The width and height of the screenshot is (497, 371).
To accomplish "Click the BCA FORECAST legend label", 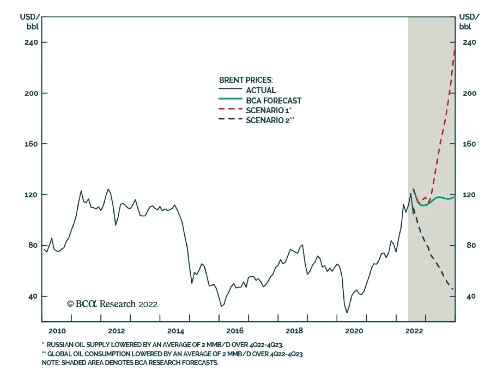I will click(x=273, y=101).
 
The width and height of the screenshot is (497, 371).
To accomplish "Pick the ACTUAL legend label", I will click(x=261, y=90).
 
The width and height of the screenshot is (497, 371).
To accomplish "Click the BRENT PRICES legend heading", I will click(x=246, y=80).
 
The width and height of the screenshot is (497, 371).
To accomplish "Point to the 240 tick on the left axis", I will click(x=31, y=42).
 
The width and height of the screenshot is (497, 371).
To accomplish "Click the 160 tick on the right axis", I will click(x=469, y=144).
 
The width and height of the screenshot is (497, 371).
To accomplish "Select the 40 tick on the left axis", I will click(x=33, y=296).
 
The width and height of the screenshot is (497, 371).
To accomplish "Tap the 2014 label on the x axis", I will click(x=176, y=331).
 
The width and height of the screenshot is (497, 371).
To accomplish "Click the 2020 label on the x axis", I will click(x=354, y=331).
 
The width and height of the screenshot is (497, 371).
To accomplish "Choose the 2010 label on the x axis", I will click(x=57, y=331).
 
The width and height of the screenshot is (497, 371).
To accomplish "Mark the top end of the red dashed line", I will click(x=455, y=45).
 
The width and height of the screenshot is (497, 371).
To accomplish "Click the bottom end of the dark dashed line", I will click(x=453, y=289).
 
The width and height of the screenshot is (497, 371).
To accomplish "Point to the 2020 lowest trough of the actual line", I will click(x=347, y=313).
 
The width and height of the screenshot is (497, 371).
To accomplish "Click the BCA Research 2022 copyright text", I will click(x=112, y=304).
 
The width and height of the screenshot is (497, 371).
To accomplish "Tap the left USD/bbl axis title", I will click(x=30, y=21).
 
